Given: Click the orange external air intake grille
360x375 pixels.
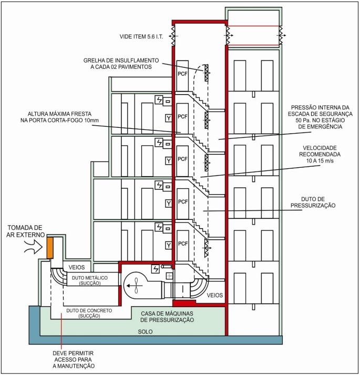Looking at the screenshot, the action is coord(50,248).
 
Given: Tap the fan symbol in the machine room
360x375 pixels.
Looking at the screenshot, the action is coord(136,285).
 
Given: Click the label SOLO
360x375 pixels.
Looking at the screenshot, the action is coord(146,332).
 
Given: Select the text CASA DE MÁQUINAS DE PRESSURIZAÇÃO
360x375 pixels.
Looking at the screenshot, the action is coord(167,317).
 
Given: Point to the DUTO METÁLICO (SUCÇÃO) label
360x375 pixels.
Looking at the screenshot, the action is coord(90,280).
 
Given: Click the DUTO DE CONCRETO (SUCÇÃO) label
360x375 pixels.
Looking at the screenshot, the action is coord(89,313).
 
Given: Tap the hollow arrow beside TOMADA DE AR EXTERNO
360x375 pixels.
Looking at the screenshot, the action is coord(34,247).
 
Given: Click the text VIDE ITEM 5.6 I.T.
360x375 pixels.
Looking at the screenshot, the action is coord(141,37).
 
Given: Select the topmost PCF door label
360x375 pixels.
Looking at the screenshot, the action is coord(183,74).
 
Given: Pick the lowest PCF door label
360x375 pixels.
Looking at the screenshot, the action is coord(183,244).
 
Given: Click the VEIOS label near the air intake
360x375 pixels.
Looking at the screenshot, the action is coord(77,267).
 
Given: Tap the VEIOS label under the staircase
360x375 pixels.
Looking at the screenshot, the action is coord(214,295).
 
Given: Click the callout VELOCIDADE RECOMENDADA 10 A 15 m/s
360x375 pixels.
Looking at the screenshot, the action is coord(320,154).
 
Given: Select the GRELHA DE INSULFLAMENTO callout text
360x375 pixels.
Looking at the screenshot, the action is coord(121,64).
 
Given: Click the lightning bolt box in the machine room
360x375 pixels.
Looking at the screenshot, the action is coord(156,269).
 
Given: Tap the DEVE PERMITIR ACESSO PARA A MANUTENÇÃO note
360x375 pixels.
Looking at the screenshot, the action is coord(74,359).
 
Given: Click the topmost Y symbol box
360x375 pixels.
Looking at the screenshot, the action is coord(169,118).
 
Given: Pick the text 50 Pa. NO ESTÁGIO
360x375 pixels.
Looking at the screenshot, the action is coord(320,120).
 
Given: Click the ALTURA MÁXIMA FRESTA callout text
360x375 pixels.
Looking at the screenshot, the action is coord(59,117).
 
